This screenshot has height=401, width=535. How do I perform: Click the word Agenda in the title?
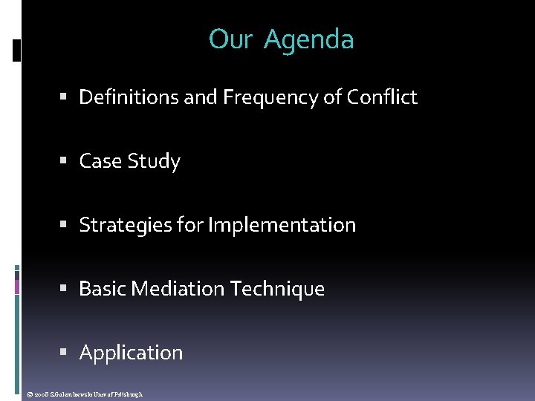pyautogui.click(x=308, y=40)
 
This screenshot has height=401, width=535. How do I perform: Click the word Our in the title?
pyautogui.click(x=231, y=40)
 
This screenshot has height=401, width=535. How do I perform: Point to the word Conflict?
pyautogui.click(x=382, y=97)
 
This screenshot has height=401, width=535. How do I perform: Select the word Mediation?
pyautogui.click(x=178, y=289)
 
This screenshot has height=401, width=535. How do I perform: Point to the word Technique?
pyautogui.click(x=278, y=289)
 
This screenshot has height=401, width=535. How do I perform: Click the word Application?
pyautogui.click(x=131, y=353)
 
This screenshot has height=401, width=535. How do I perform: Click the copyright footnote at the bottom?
pyautogui.click(x=82, y=394)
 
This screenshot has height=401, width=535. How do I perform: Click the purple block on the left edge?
pyautogui.click(x=17, y=286)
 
